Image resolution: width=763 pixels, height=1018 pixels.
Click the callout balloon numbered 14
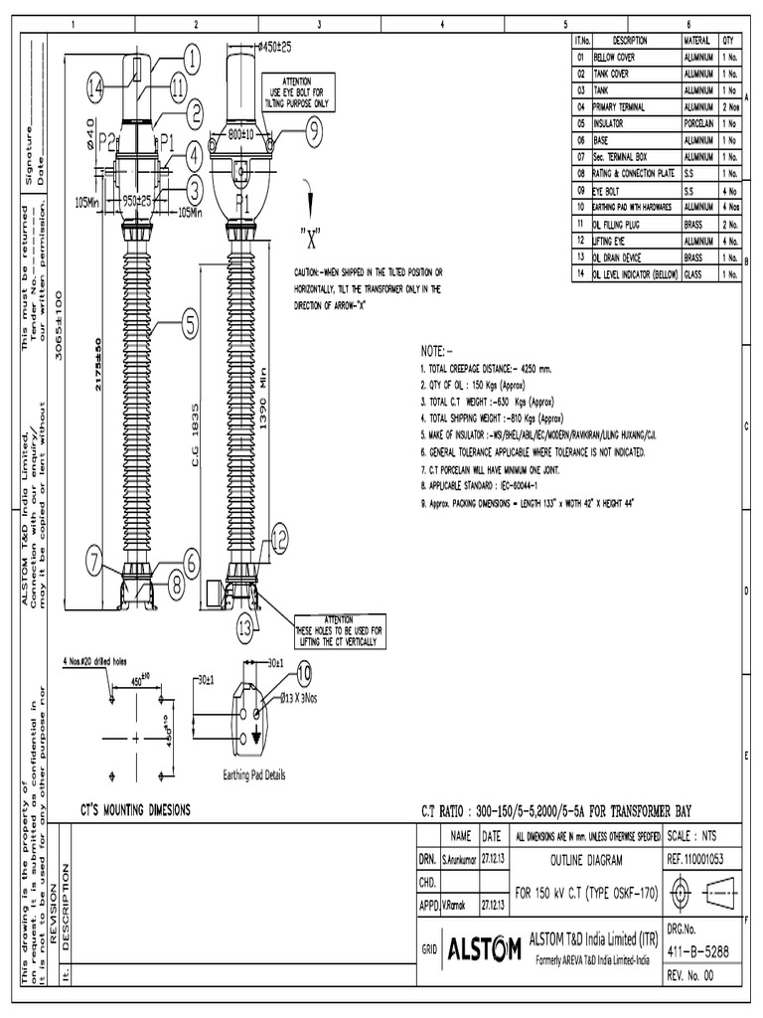point(94,88)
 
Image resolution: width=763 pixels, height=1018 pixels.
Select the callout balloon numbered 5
point(187,320)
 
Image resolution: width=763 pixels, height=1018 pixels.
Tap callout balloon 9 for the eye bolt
point(313,127)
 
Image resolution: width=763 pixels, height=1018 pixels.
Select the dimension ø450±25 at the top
point(273,47)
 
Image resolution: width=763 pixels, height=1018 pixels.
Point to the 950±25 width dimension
point(136,201)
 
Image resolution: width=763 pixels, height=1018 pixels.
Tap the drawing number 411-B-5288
point(698,951)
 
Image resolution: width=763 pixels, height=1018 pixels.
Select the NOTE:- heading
point(438,351)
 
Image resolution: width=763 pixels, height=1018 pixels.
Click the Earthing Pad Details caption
point(246,774)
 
